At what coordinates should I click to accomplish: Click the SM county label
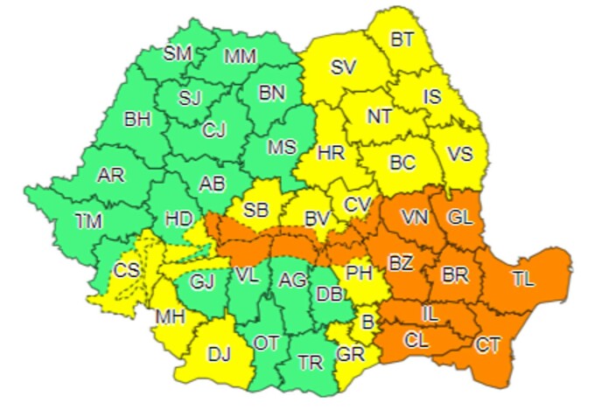click(x=178, y=53)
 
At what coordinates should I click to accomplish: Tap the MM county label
click(x=241, y=57)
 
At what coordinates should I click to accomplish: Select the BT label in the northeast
click(x=402, y=38)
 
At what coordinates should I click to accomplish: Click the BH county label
click(x=137, y=119)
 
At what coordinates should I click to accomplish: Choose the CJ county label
click(x=213, y=130)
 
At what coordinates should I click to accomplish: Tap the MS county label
click(x=282, y=147)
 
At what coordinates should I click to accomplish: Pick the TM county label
click(x=88, y=221)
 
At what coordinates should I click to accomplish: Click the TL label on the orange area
click(x=523, y=280)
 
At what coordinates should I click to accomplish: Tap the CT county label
click(x=488, y=345)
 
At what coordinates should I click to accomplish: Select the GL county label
click(x=459, y=216)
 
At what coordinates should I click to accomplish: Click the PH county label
click(x=359, y=272)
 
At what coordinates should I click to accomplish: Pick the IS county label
click(x=432, y=97)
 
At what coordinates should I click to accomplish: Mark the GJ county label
click(x=202, y=282)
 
